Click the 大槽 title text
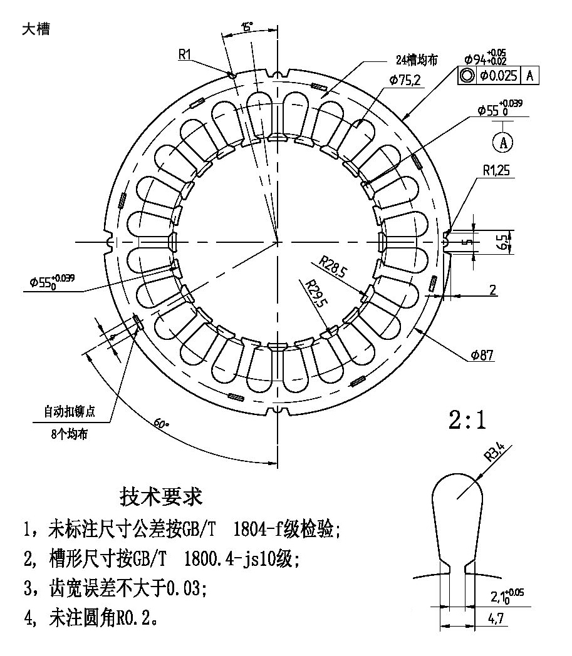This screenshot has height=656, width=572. (x=35, y=30)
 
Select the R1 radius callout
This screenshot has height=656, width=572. (x=184, y=55)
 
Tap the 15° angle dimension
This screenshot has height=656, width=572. (x=247, y=27)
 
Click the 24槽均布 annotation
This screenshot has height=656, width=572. (x=416, y=60)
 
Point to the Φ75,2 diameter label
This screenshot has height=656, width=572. (x=405, y=80)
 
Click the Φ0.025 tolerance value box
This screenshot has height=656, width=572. (x=499, y=76)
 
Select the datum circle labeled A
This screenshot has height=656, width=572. (x=502, y=142)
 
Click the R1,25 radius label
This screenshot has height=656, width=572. (x=497, y=169)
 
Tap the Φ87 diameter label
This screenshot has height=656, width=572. (x=481, y=356)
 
